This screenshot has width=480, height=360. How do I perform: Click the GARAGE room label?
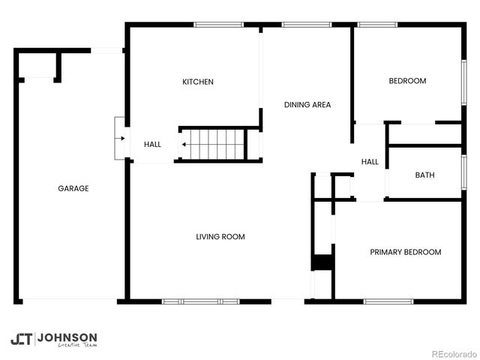pos(73,188)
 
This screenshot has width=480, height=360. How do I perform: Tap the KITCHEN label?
pos(198,82)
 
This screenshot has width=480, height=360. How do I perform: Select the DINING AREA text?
pos(307,105)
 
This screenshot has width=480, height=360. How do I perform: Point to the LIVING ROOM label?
pos(220,237)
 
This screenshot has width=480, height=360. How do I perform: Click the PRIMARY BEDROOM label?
pos(405,252)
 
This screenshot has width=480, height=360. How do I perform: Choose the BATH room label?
pos(424,175)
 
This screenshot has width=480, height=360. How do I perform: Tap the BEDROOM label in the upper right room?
pos(407,81)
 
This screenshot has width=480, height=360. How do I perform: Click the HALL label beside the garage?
pos(152,145)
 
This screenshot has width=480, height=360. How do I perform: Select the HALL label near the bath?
pos(370,162)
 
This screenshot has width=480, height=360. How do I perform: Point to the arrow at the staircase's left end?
pos(184,144)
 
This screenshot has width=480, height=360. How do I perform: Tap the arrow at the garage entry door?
pos(120,139)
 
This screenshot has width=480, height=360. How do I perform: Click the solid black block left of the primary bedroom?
pos(322,262)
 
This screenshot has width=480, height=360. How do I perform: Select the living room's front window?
pos(200,301)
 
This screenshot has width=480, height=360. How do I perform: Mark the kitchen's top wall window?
pos(218,25)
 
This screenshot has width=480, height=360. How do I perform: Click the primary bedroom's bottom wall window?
pos(388,301)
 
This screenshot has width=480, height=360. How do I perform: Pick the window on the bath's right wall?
pos(463,172)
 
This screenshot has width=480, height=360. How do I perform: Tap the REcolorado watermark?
pos(452,354)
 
